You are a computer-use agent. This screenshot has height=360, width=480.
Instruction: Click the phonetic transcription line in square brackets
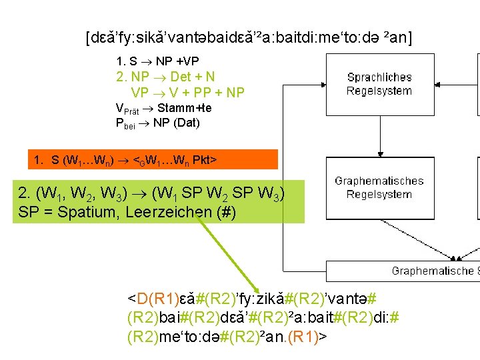click(249, 37)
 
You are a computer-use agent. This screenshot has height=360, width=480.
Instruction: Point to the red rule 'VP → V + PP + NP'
click(188, 93)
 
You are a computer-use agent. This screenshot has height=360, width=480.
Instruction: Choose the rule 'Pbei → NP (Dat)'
click(157, 123)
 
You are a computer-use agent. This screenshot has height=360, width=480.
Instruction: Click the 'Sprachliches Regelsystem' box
click(379, 85)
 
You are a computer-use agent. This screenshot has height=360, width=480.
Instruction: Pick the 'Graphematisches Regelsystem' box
click(379, 188)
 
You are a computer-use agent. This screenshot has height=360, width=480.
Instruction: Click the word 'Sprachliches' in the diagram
click(379, 78)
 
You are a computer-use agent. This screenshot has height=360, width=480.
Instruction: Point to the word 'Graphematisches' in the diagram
click(379, 181)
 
